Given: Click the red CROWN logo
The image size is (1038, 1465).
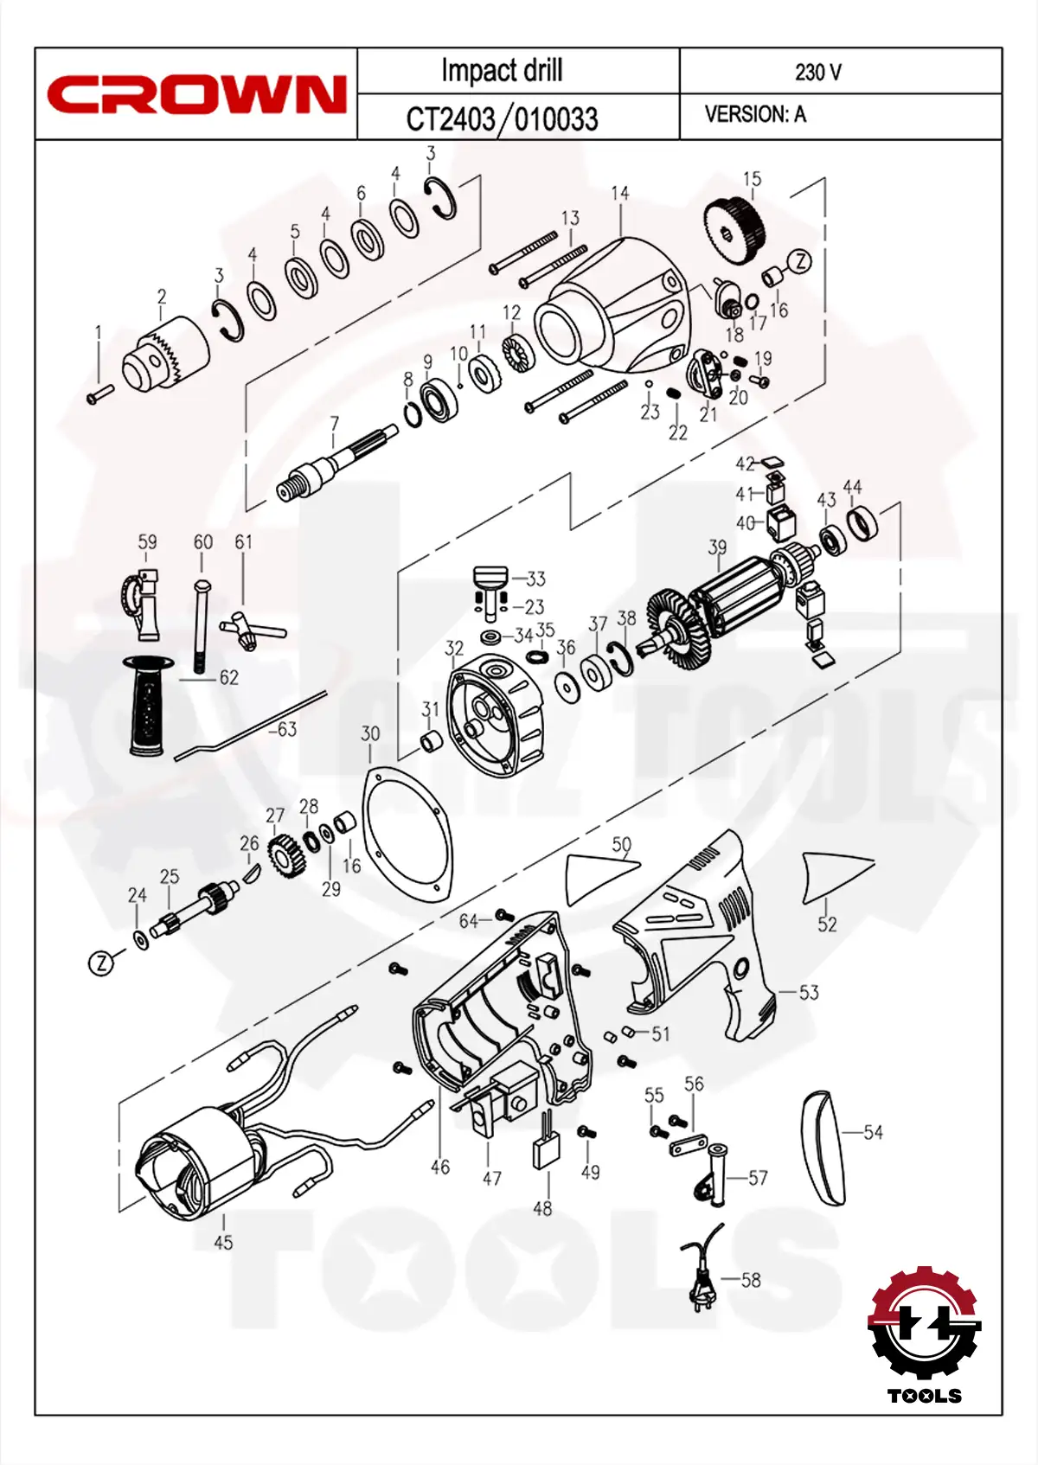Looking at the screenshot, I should pos(196,94).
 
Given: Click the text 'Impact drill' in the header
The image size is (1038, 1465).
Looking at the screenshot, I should pos(502,71).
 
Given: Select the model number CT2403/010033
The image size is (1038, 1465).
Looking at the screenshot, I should pos(502,118).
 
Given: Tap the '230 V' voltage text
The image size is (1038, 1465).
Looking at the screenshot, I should pos(817,72).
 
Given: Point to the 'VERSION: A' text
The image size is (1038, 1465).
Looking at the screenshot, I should pos(755,114).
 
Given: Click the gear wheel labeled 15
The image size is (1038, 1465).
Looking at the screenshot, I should pos(735,224).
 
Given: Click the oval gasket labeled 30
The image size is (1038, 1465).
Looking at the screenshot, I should pos(407,835).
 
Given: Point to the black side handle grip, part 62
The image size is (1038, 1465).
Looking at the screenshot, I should pos(149,705).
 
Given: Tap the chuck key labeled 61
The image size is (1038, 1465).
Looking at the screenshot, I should pos(251,630).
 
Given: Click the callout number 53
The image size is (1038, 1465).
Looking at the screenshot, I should pos(809,993).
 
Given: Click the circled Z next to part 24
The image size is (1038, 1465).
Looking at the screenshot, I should pos(102,963).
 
